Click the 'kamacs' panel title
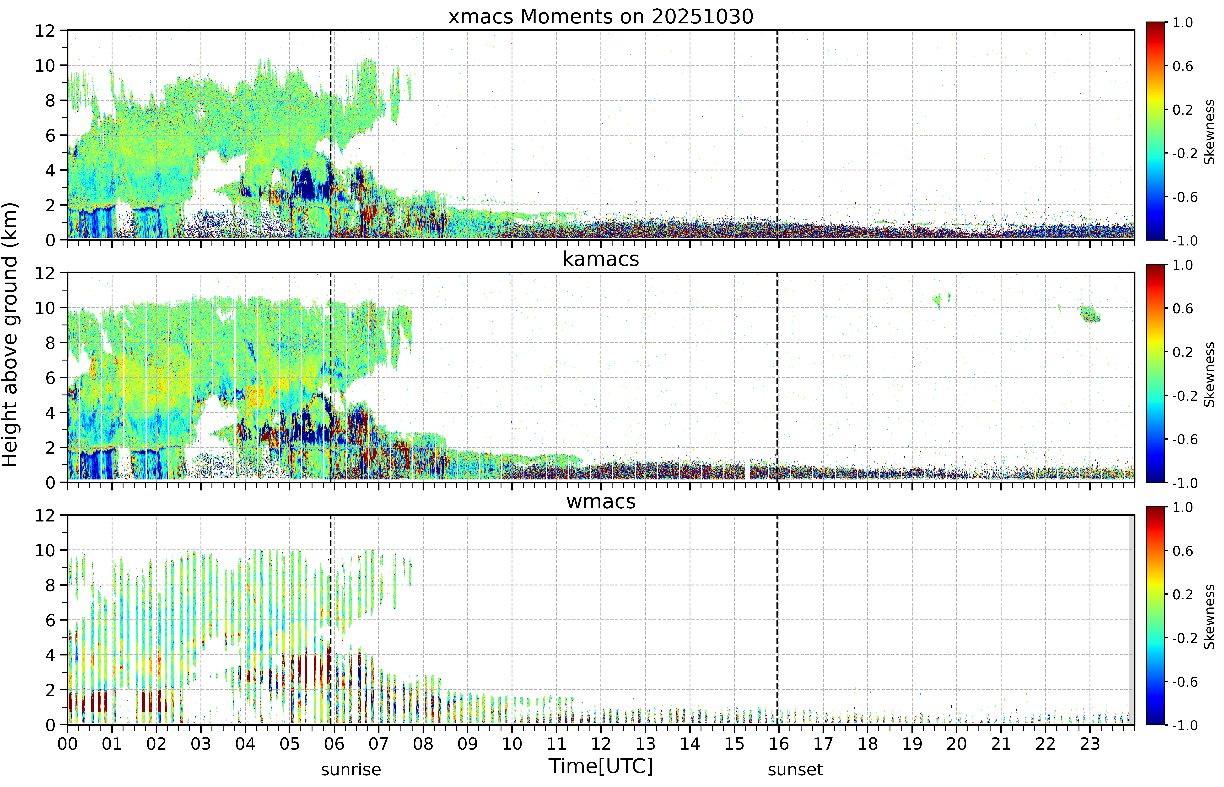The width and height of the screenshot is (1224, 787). pos(601,259)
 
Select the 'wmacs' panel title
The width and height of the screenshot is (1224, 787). pos(601,501)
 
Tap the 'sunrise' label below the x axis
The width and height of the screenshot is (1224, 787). pos(351,769)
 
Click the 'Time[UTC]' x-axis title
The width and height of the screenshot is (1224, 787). pos(601,766)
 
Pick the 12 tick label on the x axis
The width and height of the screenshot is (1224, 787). pos(601,743)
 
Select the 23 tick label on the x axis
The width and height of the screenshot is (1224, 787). pos(1089,743)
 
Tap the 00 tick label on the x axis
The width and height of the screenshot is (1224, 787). pos(67,743)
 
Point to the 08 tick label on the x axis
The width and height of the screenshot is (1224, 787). pos(423,743)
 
